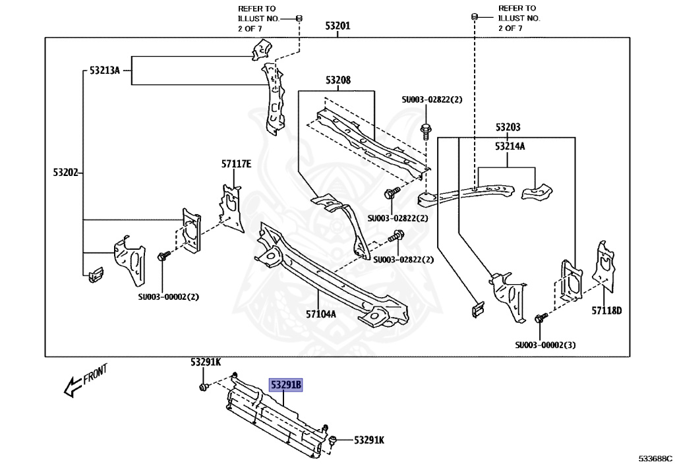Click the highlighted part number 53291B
pyautogui.click(x=286, y=385)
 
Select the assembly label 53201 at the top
pyautogui.click(x=337, y=26)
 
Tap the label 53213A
pyautogui.click(x=105, y=70)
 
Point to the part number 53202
pyautogui.click(x=66, y=173)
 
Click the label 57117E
pyautogui.click(x=237, y=164)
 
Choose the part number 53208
pyautogui.click(x=338, y=80)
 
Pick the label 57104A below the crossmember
pyautogui.click(x=321, y=314)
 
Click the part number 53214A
pyautogui.click(x=510, y=146)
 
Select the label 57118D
pyautogui.click(x=606, y=310)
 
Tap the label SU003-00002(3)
pyautogui.click(x=545, y=345)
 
